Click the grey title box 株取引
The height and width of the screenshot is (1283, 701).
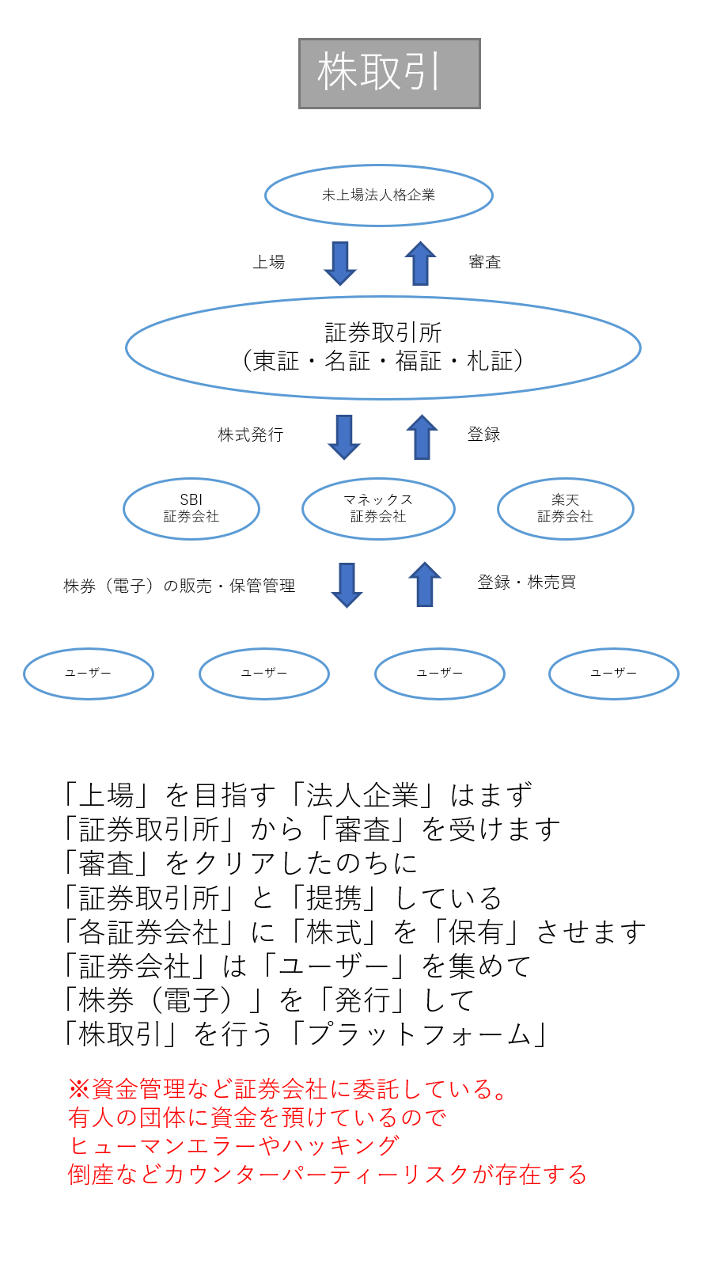[x=389, y=74]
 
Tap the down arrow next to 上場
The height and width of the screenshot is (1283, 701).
[x=340, y=264]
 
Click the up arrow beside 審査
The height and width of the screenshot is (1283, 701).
[x=420, y=263]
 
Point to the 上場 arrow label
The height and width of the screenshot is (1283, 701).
[x=269, y=262]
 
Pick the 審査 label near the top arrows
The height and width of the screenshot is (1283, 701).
[x=484, y=262]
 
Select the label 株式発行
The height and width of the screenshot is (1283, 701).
[x=251, y=435]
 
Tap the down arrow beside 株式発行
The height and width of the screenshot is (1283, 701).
[x=343, y=437]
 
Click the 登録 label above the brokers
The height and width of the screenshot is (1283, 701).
[x=484, y=435]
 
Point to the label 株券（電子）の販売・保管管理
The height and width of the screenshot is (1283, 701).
[x=180, y=586]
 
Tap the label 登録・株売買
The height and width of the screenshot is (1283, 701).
[x=527, y=583]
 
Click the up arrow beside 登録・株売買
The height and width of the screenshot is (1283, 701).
[x=424, y=584]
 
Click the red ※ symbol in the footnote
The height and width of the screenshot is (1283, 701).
[x=79, y=1089]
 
